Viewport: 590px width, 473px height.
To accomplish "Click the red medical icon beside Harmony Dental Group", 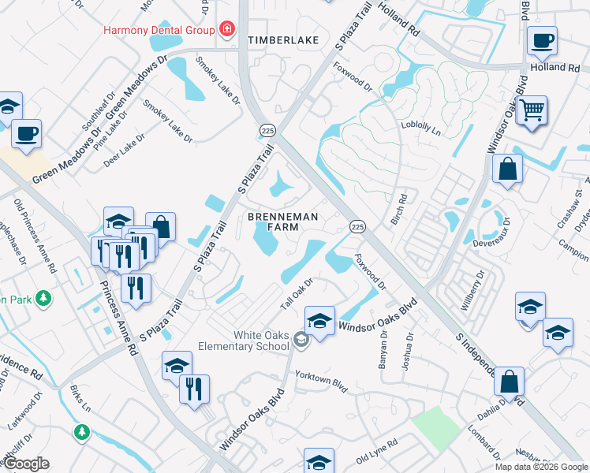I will point(227,30).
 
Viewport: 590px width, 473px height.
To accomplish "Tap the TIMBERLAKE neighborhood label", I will point(274,39).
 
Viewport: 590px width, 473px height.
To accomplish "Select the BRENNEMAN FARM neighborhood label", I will point(282,222).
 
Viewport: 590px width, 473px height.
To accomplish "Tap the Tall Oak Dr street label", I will point(299,292).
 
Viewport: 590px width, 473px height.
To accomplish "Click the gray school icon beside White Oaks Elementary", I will point(300,340).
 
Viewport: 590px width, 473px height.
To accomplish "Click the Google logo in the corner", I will point(26,464).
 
